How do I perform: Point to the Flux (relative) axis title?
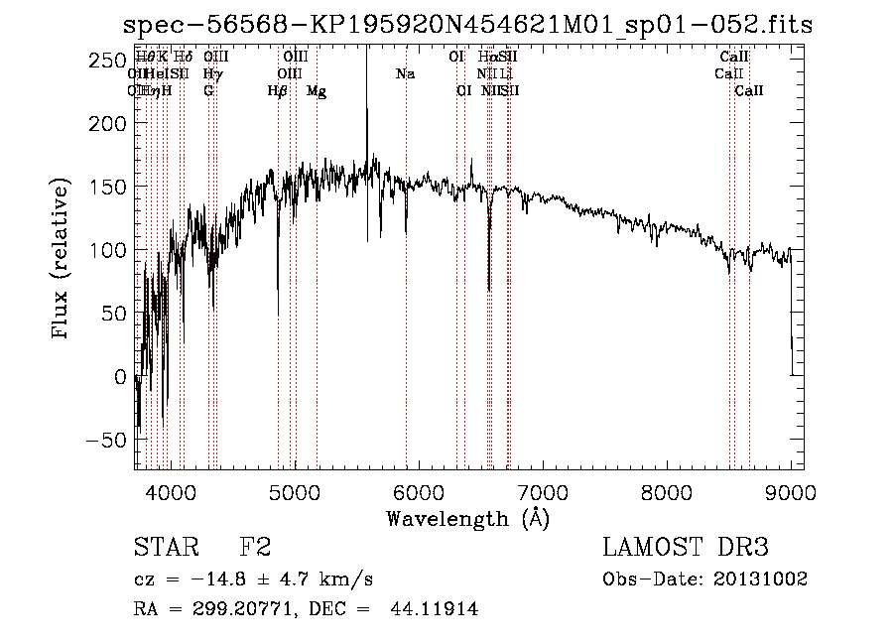click(x=63, y=259)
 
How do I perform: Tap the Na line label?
click(x=405, y=73)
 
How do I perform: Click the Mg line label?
click(x=317, y=91)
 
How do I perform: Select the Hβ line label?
click(x=278, y=91)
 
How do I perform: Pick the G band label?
click(x=208, y=91)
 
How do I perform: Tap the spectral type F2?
click(x=255, y=548)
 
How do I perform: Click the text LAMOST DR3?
click(x=686, y=548)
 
